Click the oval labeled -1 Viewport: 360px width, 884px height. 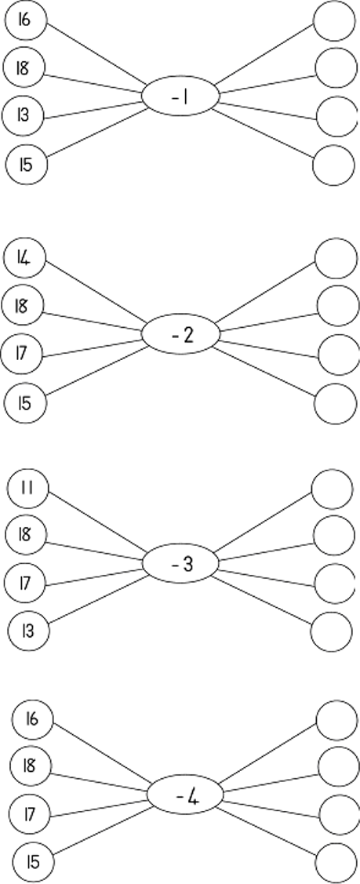click(180, 97)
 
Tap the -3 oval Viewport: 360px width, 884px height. click(180, 564)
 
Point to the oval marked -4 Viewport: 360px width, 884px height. click(185, 795)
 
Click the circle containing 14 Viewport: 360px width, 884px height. click(24, 259)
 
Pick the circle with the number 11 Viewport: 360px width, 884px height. click(27, 489)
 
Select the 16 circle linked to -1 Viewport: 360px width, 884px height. click(25, 21)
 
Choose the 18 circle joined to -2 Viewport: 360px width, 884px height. click(23, 306)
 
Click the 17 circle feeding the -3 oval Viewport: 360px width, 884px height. click(26, 582)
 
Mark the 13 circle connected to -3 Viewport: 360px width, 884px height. click(29, 631)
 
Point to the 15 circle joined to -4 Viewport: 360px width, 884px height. click(33, 862)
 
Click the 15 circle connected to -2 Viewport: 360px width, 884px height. click(25, 403)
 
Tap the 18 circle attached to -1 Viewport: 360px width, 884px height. click(24, 69)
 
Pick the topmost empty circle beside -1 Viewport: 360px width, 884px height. click(335, 21)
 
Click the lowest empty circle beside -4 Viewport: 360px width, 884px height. click(337, 863)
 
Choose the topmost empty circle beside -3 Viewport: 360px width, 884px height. click(332, 489)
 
